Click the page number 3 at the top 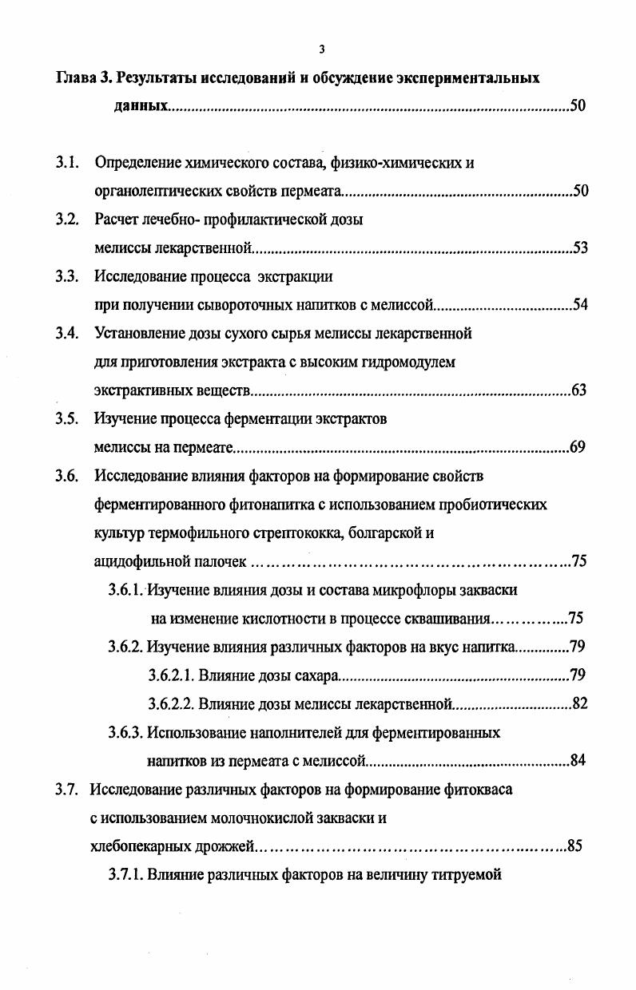tap(321, 49)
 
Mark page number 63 tap(579, 390)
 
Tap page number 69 tap(578, 446)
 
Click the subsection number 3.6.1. tap(125, 590)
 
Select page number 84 tap(578, 760)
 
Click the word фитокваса tap(476, 790)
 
